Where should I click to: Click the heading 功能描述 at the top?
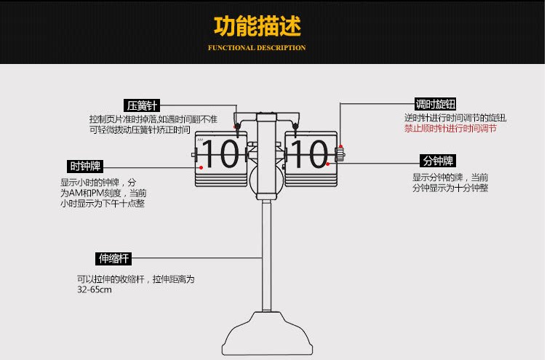(257, 26)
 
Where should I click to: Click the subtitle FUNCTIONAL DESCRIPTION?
(257, 48)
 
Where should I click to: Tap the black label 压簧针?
(142, 105)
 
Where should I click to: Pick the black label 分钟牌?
(439, 161)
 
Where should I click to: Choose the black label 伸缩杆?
(113, 258)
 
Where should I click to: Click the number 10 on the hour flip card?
(220, 154)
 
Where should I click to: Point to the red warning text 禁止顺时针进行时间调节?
(450, 128)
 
